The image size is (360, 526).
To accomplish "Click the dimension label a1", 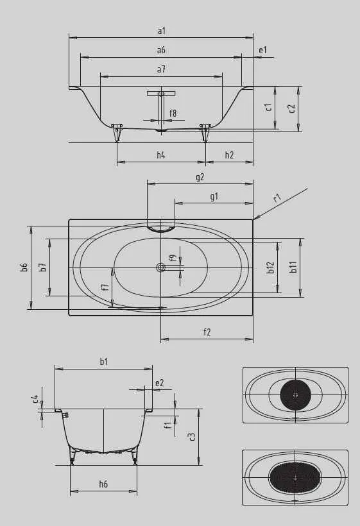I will click(161, 30).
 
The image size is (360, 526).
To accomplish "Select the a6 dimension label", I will click(161, 50).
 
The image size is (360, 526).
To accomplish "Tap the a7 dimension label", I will click(161, 69).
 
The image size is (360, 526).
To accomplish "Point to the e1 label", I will click(262, 50).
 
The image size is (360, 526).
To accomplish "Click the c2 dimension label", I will click(292, 108).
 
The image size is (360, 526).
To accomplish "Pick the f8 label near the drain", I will click(173, 114).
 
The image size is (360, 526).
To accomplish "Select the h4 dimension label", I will click(161, 155).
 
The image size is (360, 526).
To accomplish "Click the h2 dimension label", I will click(229, 155).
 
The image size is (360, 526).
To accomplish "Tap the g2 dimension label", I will click(200, 177).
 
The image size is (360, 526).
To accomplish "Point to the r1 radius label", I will click(277, 198).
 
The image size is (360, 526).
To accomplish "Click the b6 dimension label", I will click(24, 267).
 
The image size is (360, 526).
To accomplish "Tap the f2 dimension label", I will click(207, 332).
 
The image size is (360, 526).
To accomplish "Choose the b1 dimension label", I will click(103, 362).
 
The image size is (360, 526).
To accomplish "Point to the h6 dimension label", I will click(103, 484).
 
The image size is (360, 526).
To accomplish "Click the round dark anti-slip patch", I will click(295, 394).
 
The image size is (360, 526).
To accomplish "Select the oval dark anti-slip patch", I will click(295, 477).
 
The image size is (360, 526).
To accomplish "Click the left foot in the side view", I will click(117, 133).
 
